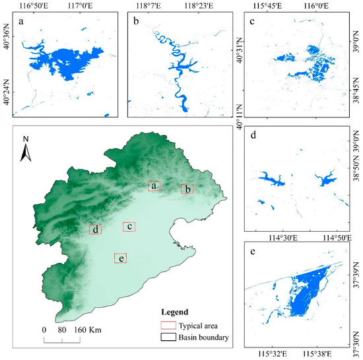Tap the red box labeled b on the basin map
(x=188, y=189)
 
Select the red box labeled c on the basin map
(x=129, y=227)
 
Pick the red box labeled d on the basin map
(x=96, y=229)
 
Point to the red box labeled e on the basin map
(x=121, y=258)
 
